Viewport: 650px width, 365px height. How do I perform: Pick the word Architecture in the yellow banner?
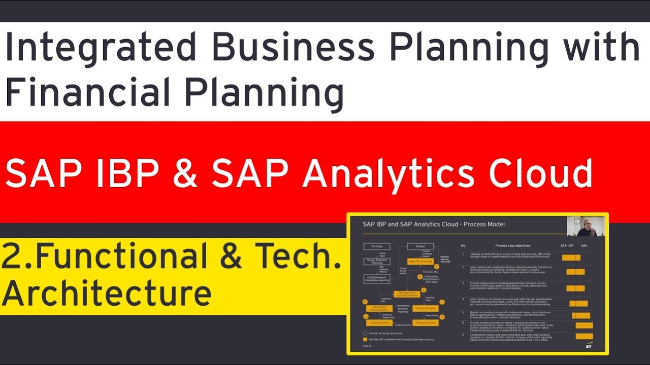point(107,293)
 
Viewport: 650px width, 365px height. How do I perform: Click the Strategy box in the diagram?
point(376,246)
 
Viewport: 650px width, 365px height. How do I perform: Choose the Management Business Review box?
point(408,294)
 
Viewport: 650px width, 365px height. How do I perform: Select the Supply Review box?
point(380,322)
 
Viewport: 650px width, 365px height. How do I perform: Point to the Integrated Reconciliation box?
point(380,308)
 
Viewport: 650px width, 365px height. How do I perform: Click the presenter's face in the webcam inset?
point(588,225)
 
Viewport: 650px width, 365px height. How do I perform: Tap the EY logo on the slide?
point(589,346)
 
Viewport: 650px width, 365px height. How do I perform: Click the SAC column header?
point(584,245)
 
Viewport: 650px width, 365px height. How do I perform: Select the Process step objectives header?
point(512,245)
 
